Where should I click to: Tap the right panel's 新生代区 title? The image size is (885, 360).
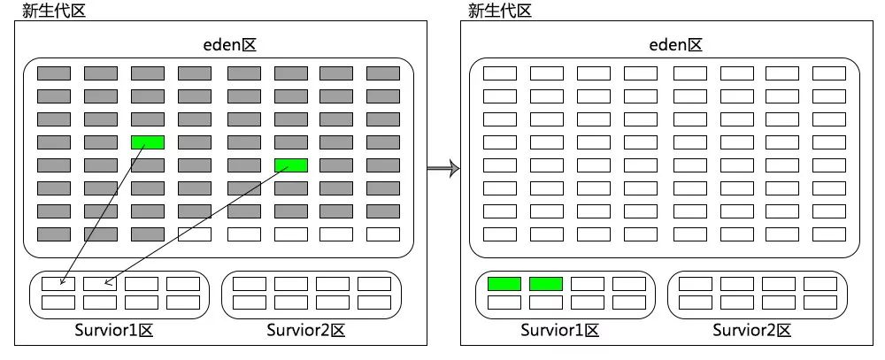click(500, 11)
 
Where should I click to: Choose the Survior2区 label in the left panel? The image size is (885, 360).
click(305, 332)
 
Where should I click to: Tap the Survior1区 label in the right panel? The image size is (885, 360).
click(560, 332)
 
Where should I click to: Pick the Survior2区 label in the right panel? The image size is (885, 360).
click(752, 332)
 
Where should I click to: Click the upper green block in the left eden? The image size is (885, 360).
click(148, 142)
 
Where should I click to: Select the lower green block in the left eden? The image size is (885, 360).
click(291, 165)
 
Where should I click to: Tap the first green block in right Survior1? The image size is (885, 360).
click(504, 284)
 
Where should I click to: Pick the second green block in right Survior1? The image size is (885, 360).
click(546, 284)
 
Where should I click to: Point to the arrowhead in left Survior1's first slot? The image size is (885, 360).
click(61, 283)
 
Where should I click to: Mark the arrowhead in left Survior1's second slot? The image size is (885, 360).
click(107, 283)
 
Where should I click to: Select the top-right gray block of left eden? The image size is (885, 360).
click(383, 73)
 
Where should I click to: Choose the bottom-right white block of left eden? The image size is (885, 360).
click(383, 234)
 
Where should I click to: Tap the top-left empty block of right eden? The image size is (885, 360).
click(500, 73)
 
